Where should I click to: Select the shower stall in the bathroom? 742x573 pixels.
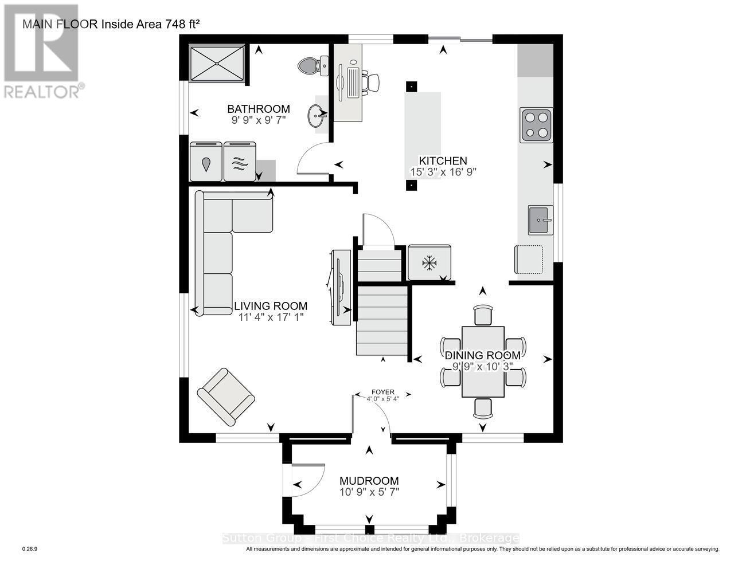click(217, 65)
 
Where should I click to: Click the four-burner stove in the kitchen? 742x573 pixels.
click(536, 125)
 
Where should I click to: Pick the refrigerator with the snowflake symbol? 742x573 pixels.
click(429, 263)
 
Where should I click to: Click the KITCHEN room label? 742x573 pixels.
click(443, 161)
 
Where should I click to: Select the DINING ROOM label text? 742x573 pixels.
click(483, 356)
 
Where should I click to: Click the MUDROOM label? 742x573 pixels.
click(369, 481)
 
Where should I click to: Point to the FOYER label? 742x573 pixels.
click(383, 392)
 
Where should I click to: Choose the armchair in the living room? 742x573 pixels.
click(225, 397)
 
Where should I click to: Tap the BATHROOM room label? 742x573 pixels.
click(258, 109)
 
